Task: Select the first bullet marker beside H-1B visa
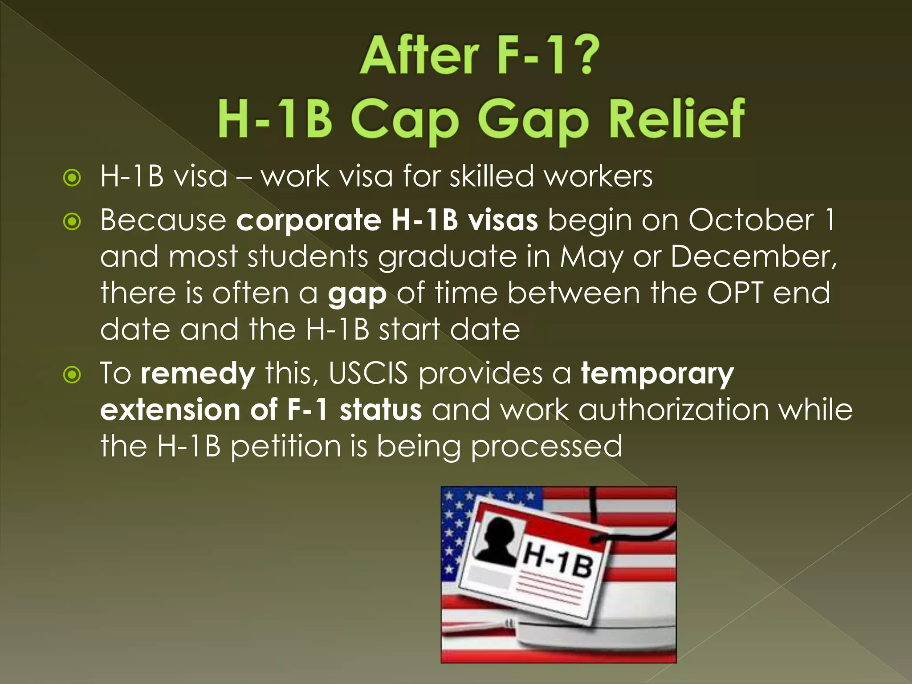[72, 178]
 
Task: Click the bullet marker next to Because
[72, 221]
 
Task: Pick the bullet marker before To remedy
[72, 375]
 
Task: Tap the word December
[753, 256]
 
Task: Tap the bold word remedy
[198, 373]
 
